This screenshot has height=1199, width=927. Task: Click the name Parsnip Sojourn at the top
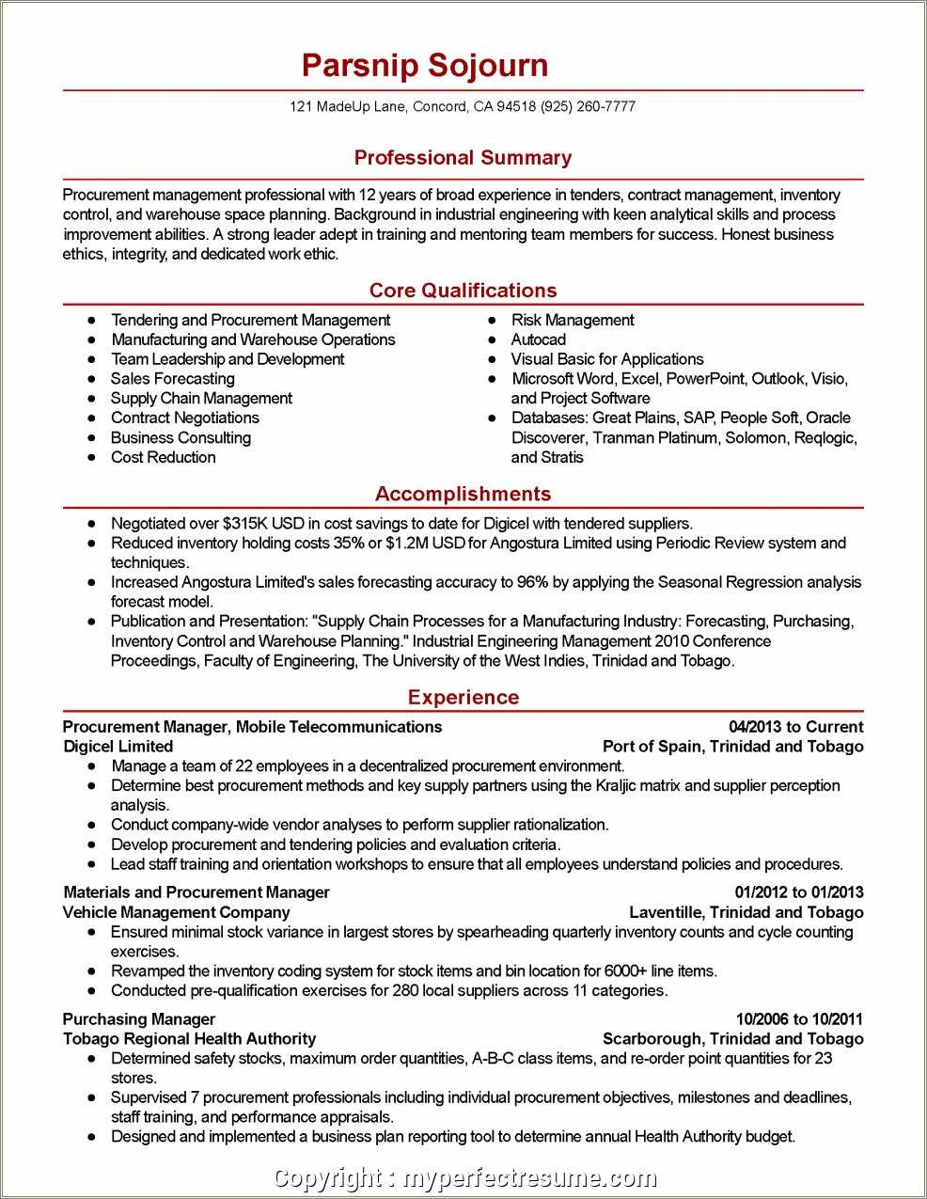pos(425,66)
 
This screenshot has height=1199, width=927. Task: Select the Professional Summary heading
pos(463,158)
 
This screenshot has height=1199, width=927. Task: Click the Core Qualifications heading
pos(463,291)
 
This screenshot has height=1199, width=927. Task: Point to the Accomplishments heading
pos(463,494)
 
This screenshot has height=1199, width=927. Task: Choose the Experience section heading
pos(463,697)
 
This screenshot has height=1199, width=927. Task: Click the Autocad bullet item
pos(538,339)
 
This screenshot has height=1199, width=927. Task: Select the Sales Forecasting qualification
pos(172,379)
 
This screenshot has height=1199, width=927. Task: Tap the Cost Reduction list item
pos(163,457)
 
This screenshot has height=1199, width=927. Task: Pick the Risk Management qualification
pos(572,320)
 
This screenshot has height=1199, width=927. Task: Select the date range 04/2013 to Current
pos(795,727)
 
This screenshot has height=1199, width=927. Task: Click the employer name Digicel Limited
pos(118,747)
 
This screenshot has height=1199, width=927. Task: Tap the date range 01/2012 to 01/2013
pos(798,892)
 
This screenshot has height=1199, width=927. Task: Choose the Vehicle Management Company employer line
pos(177,912)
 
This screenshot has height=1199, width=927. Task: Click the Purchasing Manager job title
pos(139,1019)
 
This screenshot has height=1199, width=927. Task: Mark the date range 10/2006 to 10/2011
pos(799,1019)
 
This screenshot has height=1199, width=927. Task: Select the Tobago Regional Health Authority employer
pos(189,1039)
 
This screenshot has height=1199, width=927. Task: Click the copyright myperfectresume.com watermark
pos(464,1178)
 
